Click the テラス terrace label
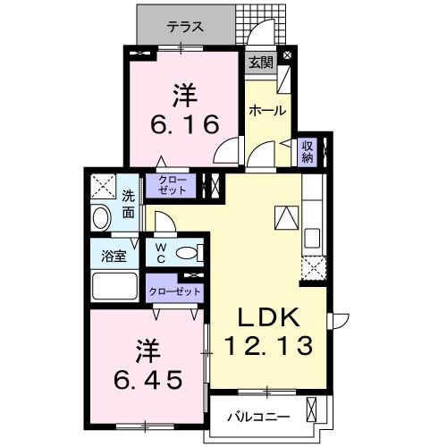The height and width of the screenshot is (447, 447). [x=185, y=27]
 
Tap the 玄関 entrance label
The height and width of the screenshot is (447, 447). [x=260, y=63]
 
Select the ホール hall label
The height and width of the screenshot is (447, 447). [x=267, y=111]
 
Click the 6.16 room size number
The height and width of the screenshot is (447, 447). [x=184, y=124]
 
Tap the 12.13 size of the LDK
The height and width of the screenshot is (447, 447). [x=268, y=344]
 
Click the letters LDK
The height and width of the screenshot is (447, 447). [x=267, y=316]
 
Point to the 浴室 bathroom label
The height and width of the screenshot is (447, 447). [x=113, y=255]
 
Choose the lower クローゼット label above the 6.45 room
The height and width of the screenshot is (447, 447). [x=175, y=291]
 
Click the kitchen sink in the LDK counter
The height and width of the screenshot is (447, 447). [x=313, y=240]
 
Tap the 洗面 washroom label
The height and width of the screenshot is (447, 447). [x=129, y=205]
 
